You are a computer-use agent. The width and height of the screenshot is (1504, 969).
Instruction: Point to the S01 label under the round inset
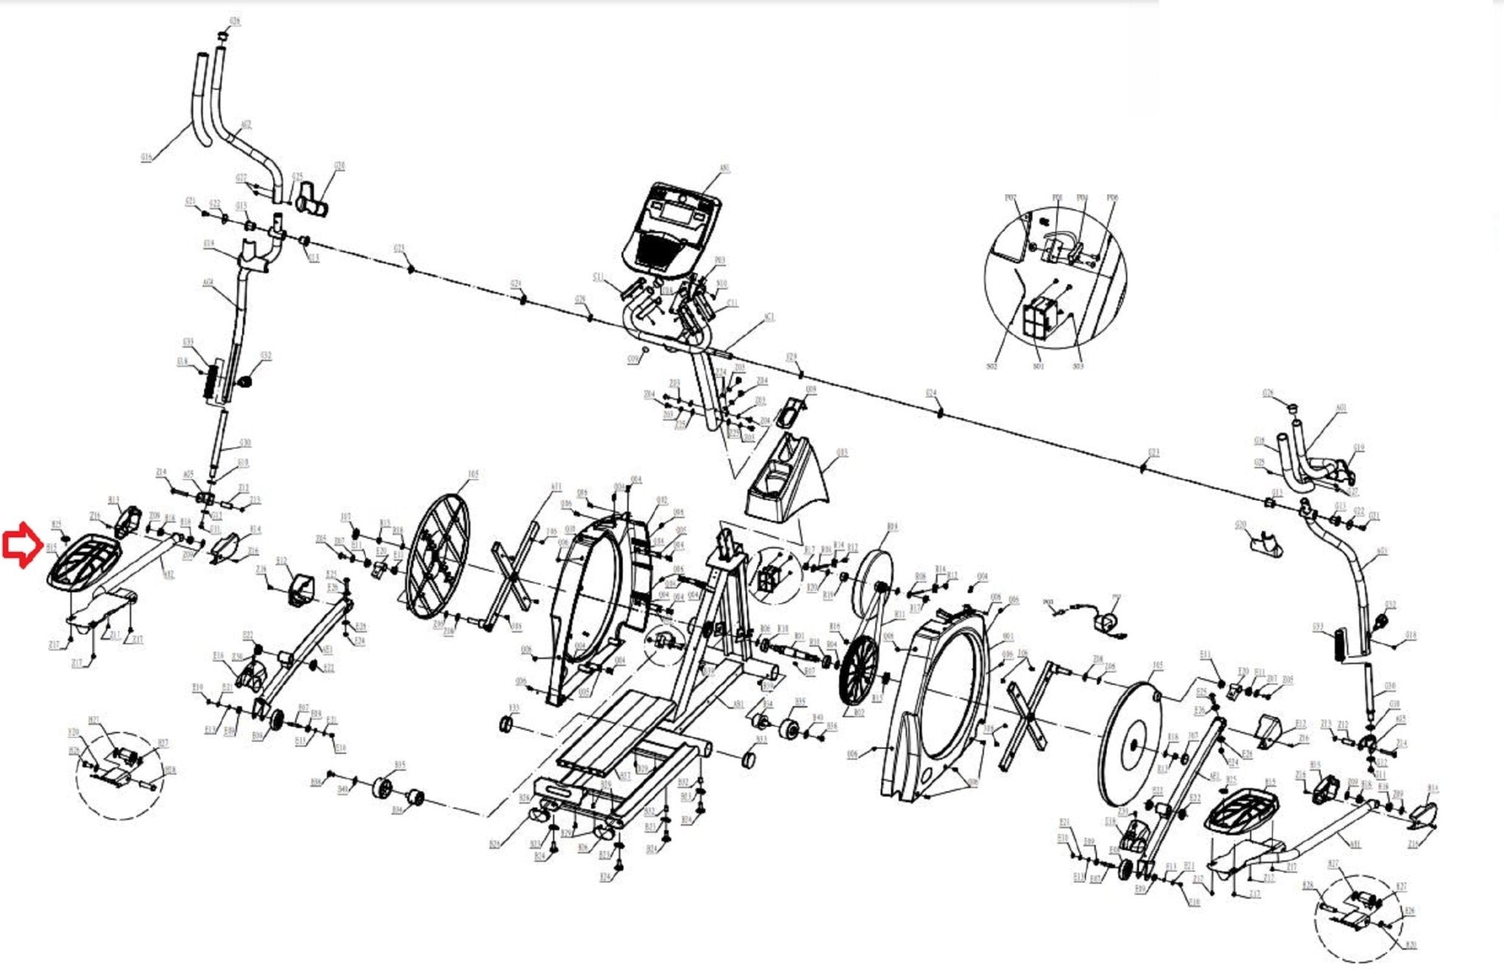1038,366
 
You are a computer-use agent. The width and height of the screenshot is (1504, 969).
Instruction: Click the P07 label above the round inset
1010,197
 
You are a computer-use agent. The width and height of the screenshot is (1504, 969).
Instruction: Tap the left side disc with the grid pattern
438,553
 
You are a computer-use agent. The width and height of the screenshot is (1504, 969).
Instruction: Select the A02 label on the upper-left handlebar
247,125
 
